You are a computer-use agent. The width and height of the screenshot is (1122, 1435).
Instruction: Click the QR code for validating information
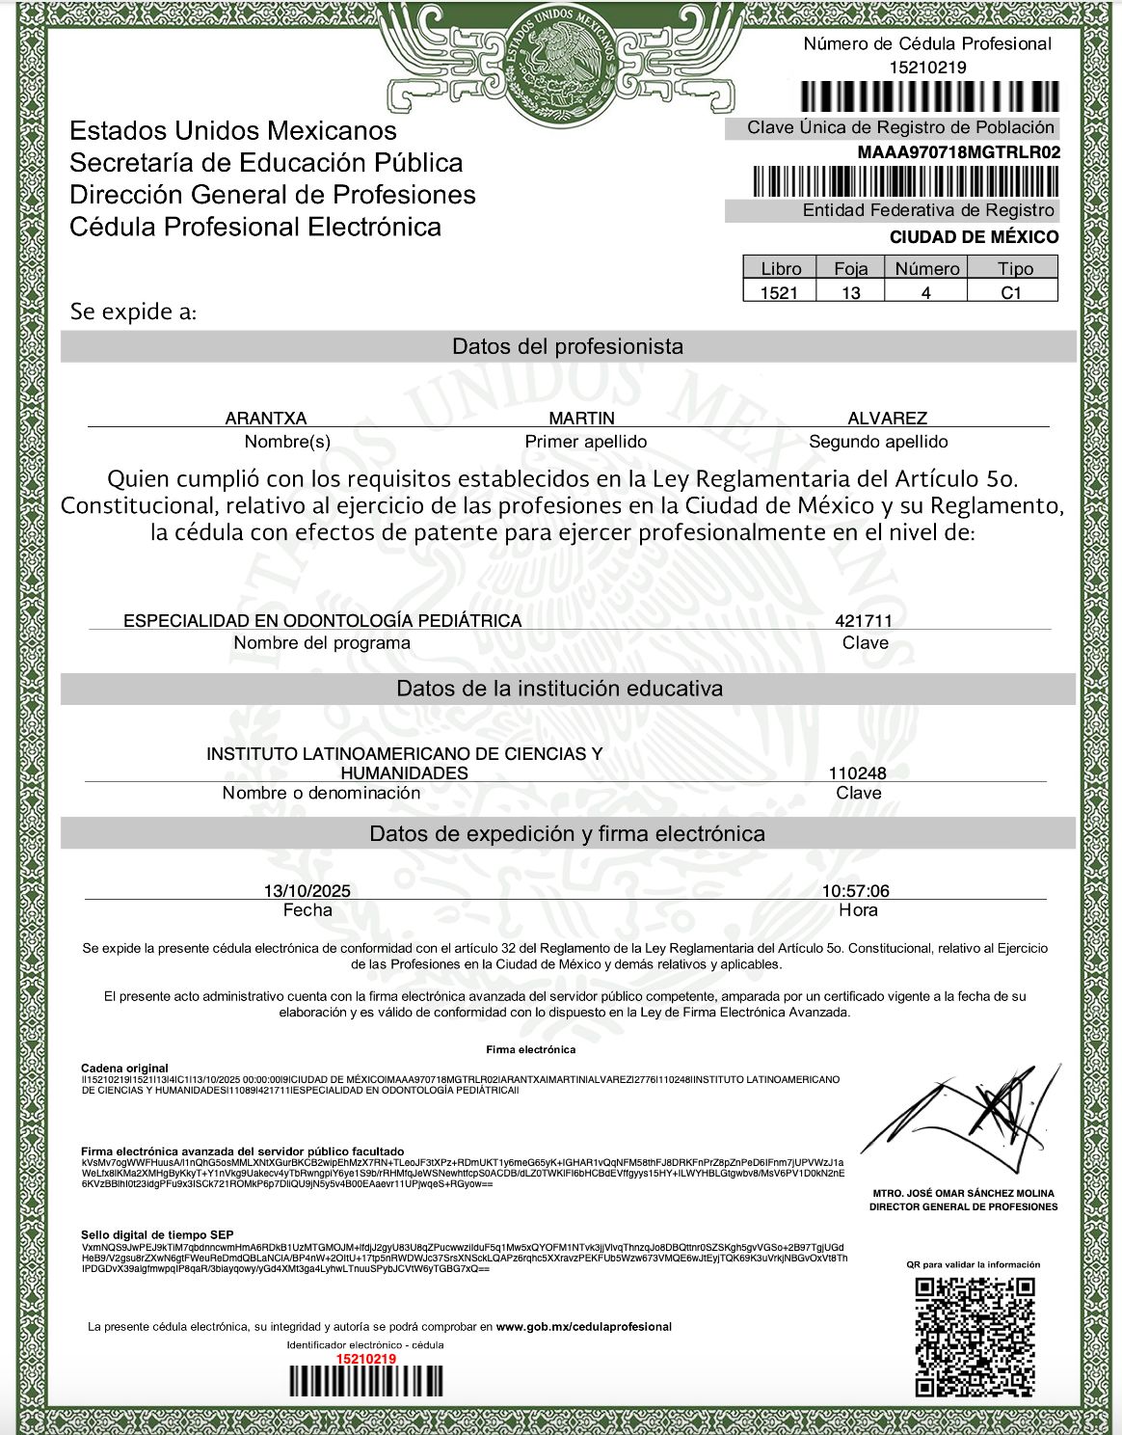[x=974, y=1335]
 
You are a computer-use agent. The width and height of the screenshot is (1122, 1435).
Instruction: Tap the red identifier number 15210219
[x=365, y=1359]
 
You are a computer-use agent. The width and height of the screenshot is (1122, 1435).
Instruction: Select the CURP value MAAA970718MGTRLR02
[x=958, y=152]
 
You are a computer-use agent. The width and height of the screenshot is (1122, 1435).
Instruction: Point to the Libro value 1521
[x=779, y=292]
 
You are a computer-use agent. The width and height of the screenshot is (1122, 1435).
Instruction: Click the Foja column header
[x=850, y=268]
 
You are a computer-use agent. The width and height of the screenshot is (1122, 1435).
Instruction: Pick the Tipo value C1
[x=1011, y=292]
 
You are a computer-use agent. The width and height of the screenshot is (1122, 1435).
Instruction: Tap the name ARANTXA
[x=266, y=418]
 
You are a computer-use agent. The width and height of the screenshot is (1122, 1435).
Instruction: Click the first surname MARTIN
[x=581, y=418]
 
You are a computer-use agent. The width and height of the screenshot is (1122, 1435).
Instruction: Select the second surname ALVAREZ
[x=887, y=418]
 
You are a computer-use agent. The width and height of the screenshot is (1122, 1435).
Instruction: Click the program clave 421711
[x=864, y=620]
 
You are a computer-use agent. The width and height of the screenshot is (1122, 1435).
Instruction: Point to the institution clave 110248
[x=857, y=772]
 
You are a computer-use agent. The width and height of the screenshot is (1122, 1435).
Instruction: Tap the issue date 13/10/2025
[x=300, y=890]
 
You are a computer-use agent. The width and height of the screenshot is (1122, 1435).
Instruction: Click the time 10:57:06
[x=855, y=890]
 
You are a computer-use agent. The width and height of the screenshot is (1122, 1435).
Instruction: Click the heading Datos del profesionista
[x=568, y=346]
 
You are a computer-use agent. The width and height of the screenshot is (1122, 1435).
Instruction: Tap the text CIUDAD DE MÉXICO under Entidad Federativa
[x=974, y=237]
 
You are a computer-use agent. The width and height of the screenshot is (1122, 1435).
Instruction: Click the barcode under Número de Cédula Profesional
[x=930, y=96]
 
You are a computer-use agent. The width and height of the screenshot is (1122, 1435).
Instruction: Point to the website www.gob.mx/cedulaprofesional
[x=583, y=1326]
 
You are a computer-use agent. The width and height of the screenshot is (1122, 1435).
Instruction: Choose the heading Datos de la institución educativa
[x=559, y=689]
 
